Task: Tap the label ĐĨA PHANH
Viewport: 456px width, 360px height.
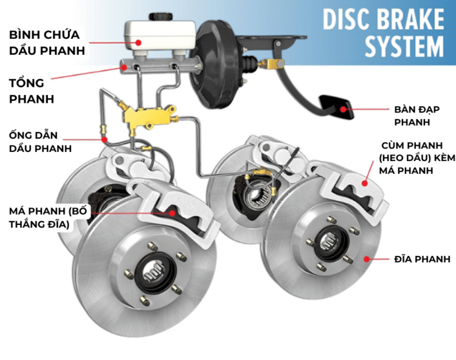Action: [419, 259]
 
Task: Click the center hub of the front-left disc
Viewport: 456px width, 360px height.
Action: [149, 274]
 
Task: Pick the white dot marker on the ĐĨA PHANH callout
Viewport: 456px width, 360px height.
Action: [366, 259]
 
